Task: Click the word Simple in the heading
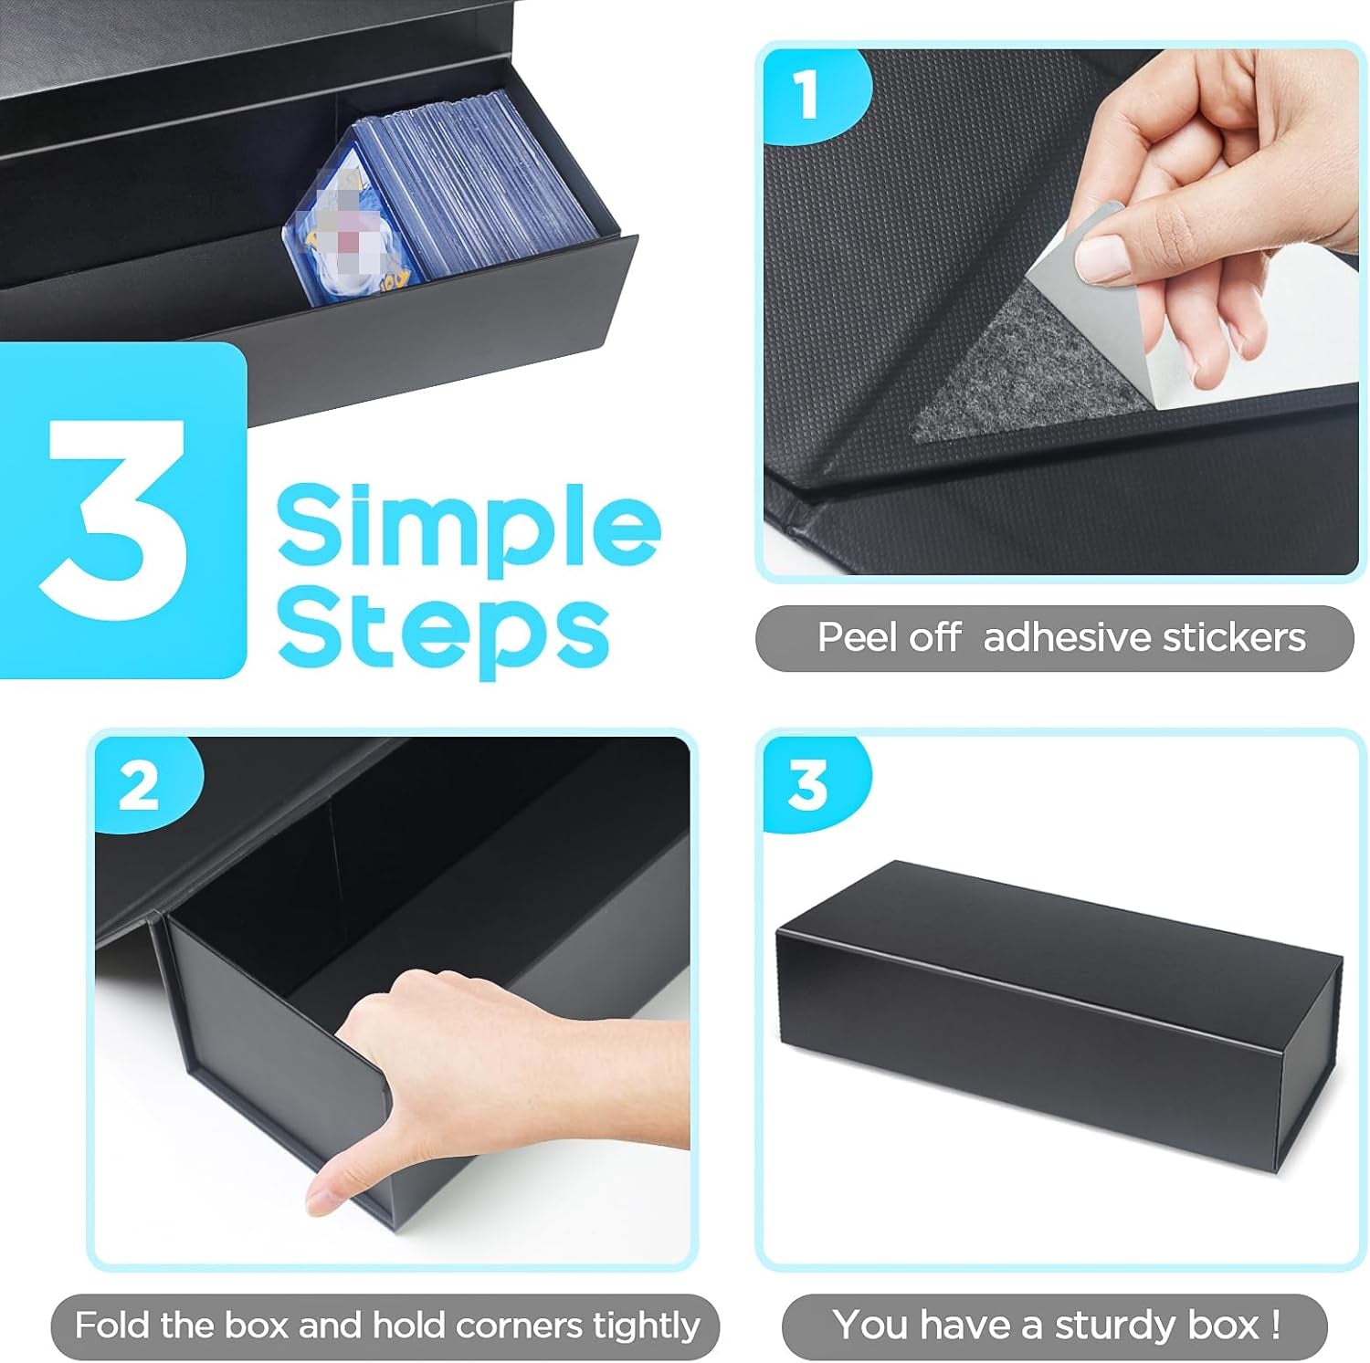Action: pyautogui.click(x=468, y=524)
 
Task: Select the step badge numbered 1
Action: pyautogui.click(x=806, y=94)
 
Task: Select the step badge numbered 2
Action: pyautogui.click(x=139, y=784)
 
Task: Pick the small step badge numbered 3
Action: pyautogui.click(x=807, y=784)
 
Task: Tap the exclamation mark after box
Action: pyautogui.click(x=1275, y=1324)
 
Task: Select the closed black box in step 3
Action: pyautogui.click(x=1059, y=1013)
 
